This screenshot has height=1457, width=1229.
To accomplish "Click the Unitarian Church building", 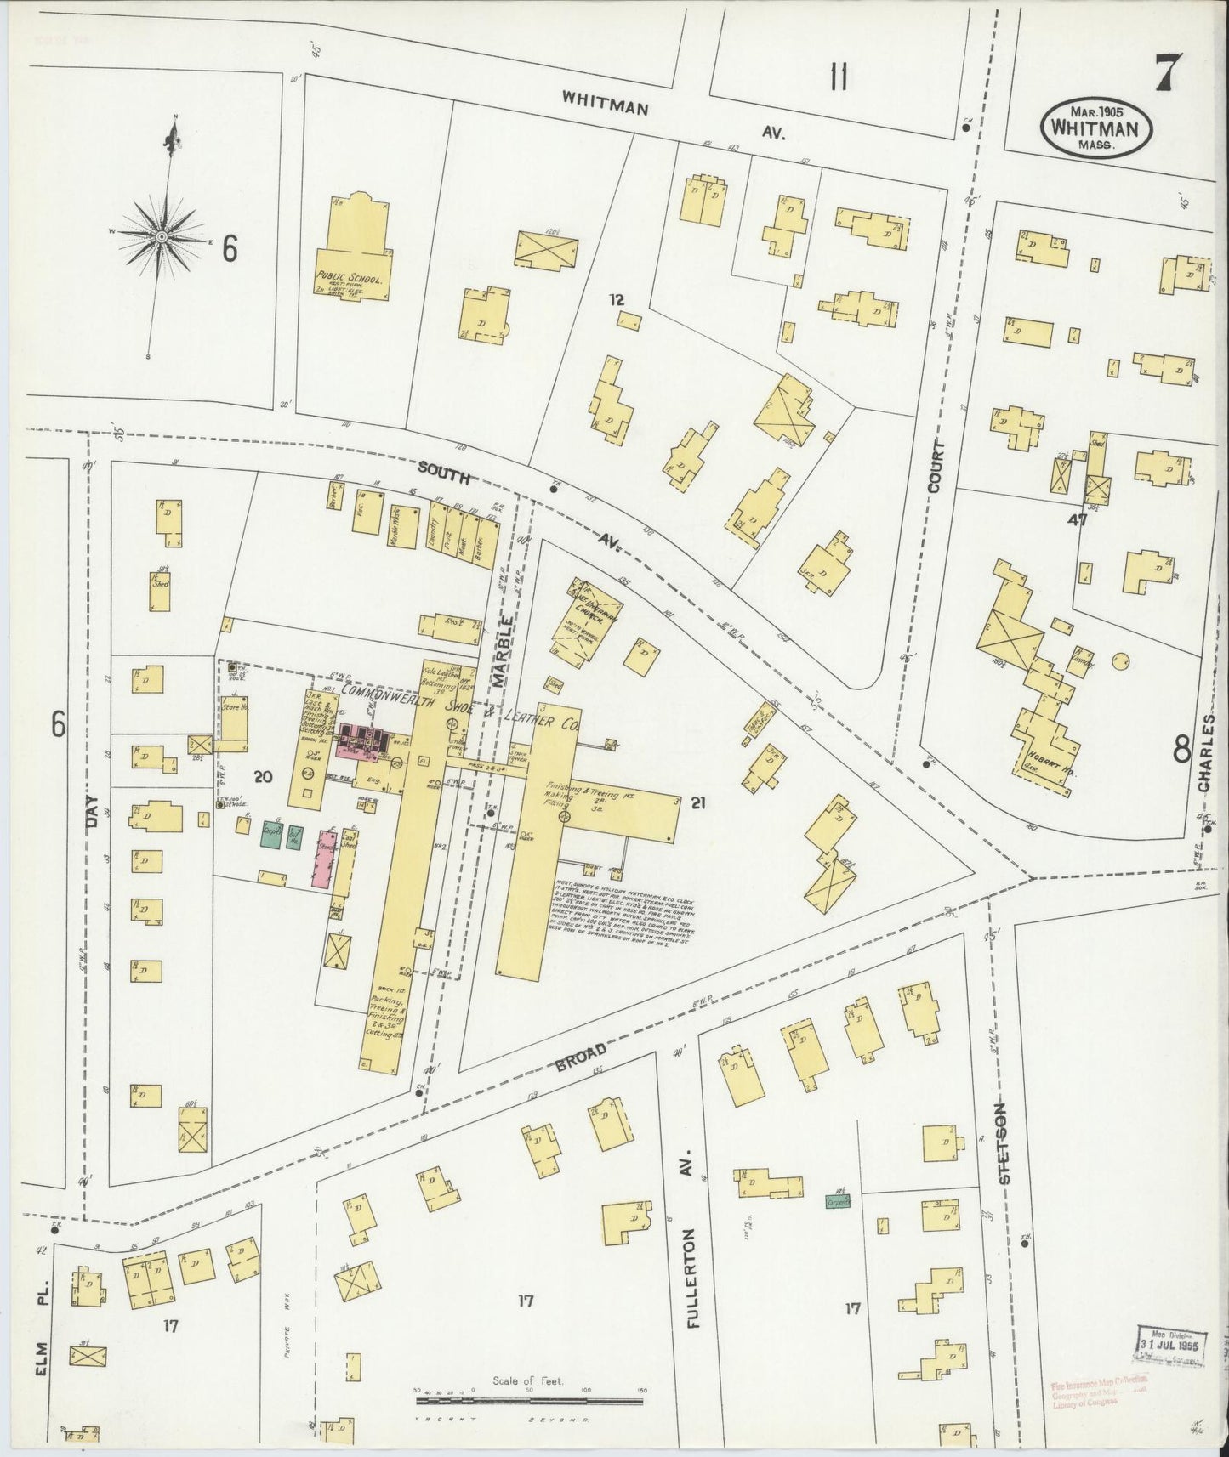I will coord(576,630).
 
